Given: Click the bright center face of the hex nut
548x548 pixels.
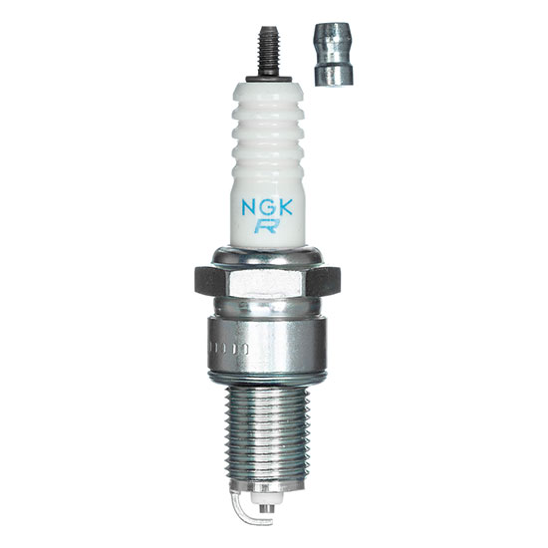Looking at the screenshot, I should [274, 282].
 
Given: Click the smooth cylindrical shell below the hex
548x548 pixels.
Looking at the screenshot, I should [274, 349].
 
